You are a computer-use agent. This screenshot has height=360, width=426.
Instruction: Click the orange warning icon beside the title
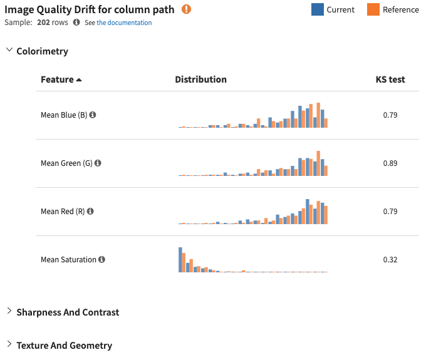click(187, 9)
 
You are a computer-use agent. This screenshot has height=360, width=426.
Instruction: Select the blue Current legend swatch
click(318, 9)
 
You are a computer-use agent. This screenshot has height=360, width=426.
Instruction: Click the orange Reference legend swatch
click(373, 9)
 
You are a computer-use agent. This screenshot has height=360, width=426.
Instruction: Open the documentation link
click(124, 23)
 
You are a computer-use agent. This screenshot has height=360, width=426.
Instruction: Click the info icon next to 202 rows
click(76, 23)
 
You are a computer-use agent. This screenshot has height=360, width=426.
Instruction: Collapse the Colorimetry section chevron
click(9, 51)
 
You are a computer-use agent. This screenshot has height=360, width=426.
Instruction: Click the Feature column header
click(61, 80)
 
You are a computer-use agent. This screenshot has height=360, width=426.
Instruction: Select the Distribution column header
click(200, 80)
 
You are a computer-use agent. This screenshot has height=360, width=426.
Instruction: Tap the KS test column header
click(390, 80)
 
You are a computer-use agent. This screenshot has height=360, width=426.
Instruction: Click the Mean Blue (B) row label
click(64, 115)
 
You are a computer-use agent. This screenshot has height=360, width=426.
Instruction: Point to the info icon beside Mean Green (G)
click(98, 163)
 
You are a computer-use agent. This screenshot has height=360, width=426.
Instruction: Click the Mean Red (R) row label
click(63, 212)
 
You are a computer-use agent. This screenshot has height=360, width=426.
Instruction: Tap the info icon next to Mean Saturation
click(102, 260)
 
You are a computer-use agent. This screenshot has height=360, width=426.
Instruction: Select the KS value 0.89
click(390, 163)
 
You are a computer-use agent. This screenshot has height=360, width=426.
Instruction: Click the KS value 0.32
click(390, 260)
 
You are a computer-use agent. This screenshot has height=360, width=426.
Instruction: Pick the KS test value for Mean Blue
click(390, 115)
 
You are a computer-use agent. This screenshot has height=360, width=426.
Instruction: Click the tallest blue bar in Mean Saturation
click(180, 260)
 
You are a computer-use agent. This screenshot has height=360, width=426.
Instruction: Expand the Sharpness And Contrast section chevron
click(9, 312)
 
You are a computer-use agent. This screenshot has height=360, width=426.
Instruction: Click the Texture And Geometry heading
click(64, 346)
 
